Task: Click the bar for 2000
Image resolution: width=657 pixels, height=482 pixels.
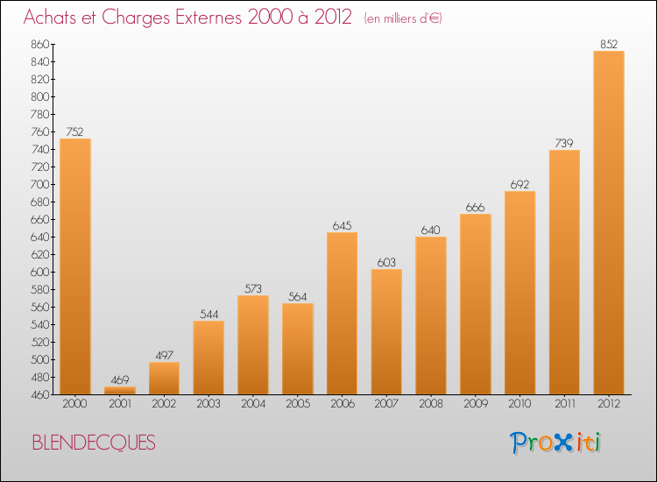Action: coord(75,266)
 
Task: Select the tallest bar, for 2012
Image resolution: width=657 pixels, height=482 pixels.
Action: coord(609,223)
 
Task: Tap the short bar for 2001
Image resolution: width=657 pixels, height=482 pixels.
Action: coord(120,390)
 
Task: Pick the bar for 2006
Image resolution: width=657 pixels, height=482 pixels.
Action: coord(342,313)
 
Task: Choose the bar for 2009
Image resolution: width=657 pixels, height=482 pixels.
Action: coord(476,304)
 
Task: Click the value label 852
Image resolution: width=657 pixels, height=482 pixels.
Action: coord(609,44)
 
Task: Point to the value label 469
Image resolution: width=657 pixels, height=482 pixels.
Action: coord(120,379)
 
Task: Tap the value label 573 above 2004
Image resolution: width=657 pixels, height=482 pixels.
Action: coord(253,288)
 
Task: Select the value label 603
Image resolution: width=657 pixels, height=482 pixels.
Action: coord(386,262)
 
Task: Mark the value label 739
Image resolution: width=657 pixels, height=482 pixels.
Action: coord(564,143)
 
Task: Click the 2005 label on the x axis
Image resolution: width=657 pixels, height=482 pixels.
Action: coord(298,403)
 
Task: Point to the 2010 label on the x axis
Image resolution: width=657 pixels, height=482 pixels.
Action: coord(519,403)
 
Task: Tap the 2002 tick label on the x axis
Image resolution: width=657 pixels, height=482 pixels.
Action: coord(164,403)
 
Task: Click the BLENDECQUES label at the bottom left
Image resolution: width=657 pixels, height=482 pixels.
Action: coord(94,443)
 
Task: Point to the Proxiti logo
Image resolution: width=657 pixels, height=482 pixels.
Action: coord(556,443)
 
